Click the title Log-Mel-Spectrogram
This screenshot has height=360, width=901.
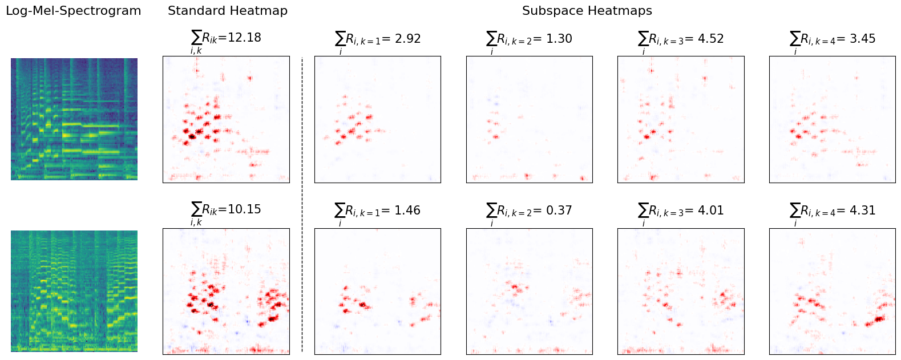pos(73,11)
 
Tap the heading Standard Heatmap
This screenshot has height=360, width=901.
pos(227,11)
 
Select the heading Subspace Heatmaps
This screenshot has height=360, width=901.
pos(587,11)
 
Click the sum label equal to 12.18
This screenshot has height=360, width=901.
pos(226,39)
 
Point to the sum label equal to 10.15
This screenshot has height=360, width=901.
pos(226,211)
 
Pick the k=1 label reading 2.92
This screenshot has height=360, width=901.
pos(378,39)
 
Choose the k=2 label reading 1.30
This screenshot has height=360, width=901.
pos(529,39)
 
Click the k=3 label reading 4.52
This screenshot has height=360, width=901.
pos(681,39)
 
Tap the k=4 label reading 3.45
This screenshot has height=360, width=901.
pos(833,39)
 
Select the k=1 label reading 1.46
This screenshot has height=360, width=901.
pos(378,211)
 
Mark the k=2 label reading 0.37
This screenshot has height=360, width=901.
pos(529,211)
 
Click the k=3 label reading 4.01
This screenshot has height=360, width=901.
pos(681,211)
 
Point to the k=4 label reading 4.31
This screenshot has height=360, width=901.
pos(833,211)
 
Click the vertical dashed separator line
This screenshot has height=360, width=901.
pos(302,205)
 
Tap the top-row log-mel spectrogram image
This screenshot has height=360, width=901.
pos(74,119)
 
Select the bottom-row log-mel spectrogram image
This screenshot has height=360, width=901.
pos(74,291)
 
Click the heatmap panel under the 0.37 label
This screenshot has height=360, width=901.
pos(530,292)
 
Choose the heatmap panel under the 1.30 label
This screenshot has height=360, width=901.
pos(530,119)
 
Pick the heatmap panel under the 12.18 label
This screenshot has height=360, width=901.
pos(226,119)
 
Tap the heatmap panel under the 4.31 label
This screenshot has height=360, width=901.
pos(833,292)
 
